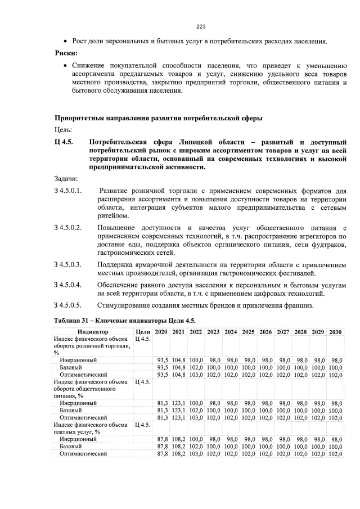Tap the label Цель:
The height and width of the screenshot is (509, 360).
pyautogui.click(x=64, y=129)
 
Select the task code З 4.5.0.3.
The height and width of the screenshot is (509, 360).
pyautogui.click(x=68, y=264)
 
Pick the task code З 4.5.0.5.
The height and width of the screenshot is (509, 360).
pyautogui.click(x=68, y=305)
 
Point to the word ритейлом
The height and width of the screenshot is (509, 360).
pyautogui.click(x=112, y=216)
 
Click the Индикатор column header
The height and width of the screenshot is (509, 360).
pyautogui.click(x=93, y=332)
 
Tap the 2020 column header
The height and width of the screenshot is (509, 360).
pyautogui.click(x=161, y=332)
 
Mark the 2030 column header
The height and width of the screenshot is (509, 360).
pyautogui.click(x=335, y=332)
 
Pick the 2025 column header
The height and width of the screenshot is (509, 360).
pyautogui.click(x=248, y=332)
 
